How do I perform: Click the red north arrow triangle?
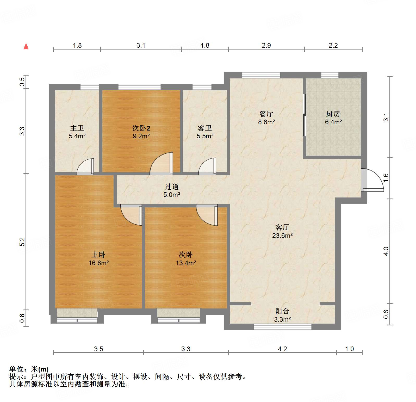point(26,46)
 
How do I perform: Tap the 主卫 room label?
point(77,128)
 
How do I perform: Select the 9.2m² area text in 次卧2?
point(141,136)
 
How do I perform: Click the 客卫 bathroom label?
point(205,128)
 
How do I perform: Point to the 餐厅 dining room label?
point(266,114)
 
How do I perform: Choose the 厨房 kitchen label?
point(333,114)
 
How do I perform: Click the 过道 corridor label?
point(172,187)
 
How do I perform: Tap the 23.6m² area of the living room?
point(282,236)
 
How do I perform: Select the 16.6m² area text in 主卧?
point(98,263)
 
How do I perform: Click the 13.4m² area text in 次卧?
point(186,263)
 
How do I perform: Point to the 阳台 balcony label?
point(282,311)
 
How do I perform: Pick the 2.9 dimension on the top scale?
point(266,45)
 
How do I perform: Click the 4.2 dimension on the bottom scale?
point(282,349)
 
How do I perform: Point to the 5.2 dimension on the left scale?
point(22,242)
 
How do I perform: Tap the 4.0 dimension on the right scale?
point(386,251)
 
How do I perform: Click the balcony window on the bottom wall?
point(283,327)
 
